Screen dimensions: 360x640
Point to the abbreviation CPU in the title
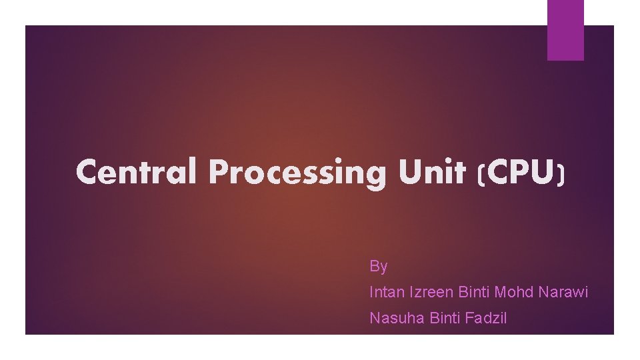[x=521, y=173]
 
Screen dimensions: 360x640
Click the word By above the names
[x=378, y=267]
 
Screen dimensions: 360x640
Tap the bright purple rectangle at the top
[x=565, y=29]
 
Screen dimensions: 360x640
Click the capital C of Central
[x=87, y=173]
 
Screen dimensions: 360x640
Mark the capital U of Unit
[x=410, y=173]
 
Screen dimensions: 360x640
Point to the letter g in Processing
[x=377, y=176]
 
